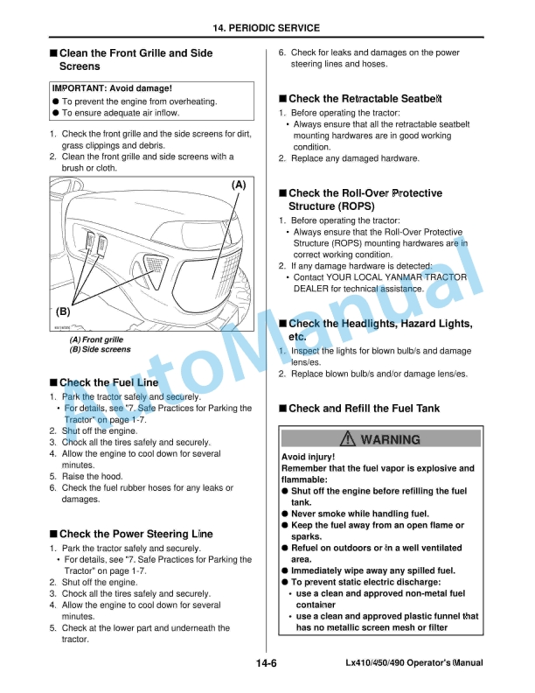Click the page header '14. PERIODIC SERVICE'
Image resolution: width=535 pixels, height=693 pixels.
[267, 28]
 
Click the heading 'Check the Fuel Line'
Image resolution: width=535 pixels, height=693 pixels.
[108, 382]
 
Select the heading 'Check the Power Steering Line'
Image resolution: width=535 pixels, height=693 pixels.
[135, 534]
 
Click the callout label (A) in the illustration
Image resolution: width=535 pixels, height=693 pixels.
[238, 185]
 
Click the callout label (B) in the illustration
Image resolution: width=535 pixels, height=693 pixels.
[63, 311]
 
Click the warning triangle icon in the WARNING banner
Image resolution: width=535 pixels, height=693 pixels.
[349, 439]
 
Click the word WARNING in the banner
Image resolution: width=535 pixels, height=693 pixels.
[390, 439]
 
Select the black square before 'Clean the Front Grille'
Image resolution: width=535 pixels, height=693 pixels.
[53, 53]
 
